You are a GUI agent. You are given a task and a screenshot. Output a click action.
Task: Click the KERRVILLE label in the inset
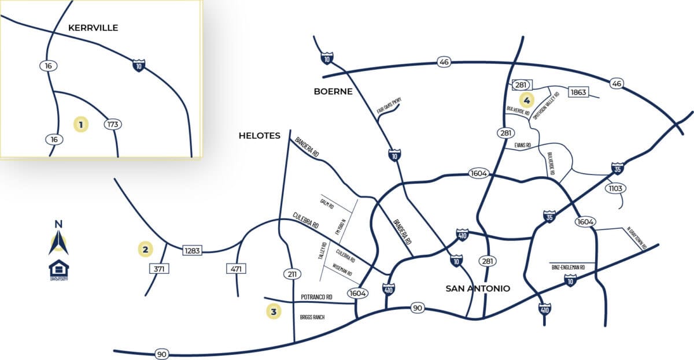click(93, 28)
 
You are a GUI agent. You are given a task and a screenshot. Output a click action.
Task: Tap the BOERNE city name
click(333, 91)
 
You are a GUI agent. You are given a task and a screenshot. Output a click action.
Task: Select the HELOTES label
click(260, 136)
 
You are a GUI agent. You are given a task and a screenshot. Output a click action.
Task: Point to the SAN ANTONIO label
click(478, 288)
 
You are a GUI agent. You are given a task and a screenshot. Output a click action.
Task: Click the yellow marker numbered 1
click(81, 124)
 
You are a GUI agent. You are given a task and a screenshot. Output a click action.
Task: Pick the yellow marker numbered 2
click(145, 250)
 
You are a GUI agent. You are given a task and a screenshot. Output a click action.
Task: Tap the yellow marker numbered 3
click(274, 312)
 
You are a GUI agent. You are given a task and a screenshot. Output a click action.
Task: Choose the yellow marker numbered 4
click(526, 98)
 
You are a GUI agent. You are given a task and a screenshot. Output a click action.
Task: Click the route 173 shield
click(113, 124)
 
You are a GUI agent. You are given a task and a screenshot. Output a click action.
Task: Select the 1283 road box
click(191, 250)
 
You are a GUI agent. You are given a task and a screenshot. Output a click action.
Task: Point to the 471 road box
click(235, 269)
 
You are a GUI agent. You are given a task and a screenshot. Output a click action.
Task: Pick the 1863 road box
click(578, 92)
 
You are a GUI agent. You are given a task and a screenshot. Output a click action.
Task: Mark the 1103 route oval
click(615, 188)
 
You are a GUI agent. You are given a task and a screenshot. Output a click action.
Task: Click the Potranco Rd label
click(316, 297)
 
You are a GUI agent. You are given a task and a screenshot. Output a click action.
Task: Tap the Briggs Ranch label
click(312, 317)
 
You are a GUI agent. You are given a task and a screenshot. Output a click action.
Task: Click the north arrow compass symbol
click(58, 238)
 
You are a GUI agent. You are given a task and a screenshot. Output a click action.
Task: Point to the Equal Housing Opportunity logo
click(58, 270)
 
